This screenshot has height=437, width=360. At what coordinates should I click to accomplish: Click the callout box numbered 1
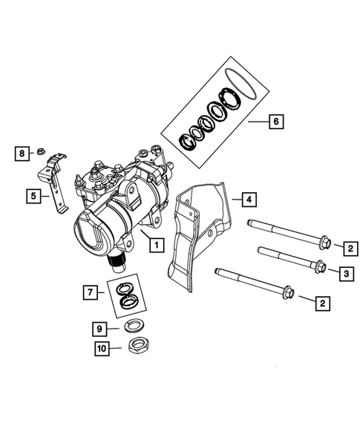click(155, 243)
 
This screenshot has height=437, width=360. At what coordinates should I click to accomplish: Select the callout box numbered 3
click(347, 275)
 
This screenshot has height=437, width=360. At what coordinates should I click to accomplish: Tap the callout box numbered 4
click(249, 199)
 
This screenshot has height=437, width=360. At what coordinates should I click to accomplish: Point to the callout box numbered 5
click(33, 196)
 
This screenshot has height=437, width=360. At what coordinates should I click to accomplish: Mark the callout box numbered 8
click(22, 153)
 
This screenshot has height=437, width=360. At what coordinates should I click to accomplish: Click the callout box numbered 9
click(97, 328)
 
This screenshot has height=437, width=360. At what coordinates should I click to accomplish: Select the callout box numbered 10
click(98, 348)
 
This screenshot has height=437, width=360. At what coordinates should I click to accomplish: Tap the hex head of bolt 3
click(316, 266)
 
